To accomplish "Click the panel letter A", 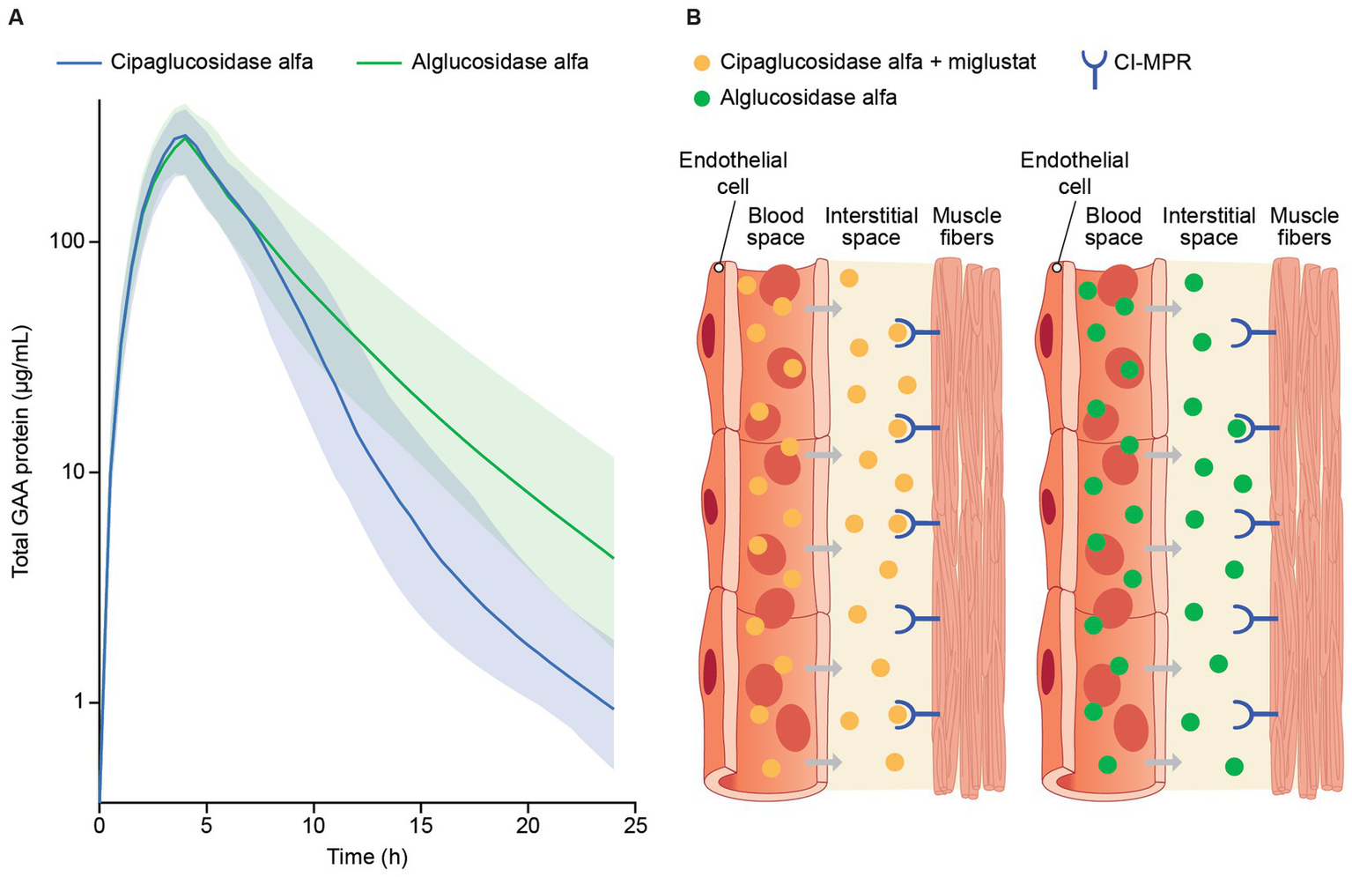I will coord(15,17).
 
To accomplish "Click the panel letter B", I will coord(693,17).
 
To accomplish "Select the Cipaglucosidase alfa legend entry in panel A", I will coord(211,63).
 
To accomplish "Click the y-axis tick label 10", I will coord(77,472).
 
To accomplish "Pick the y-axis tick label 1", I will coord(82,702).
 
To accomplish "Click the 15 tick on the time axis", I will coord(421,825).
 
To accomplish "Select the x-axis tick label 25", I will coord(635,825).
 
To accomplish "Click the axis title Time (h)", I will coord(367,857).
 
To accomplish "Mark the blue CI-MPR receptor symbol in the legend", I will coord(1094,67).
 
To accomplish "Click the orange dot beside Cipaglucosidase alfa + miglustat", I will coord(702,63).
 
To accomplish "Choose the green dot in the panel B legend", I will coord(702,98).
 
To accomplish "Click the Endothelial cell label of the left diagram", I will coord(733,173).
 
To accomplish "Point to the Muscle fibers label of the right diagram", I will coord(1304,227).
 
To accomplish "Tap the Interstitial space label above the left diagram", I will coord(870,227).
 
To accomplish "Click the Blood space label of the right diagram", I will coord(1113,227).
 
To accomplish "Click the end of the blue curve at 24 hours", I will coord(613,709).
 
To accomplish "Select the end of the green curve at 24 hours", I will coord(613,558).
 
